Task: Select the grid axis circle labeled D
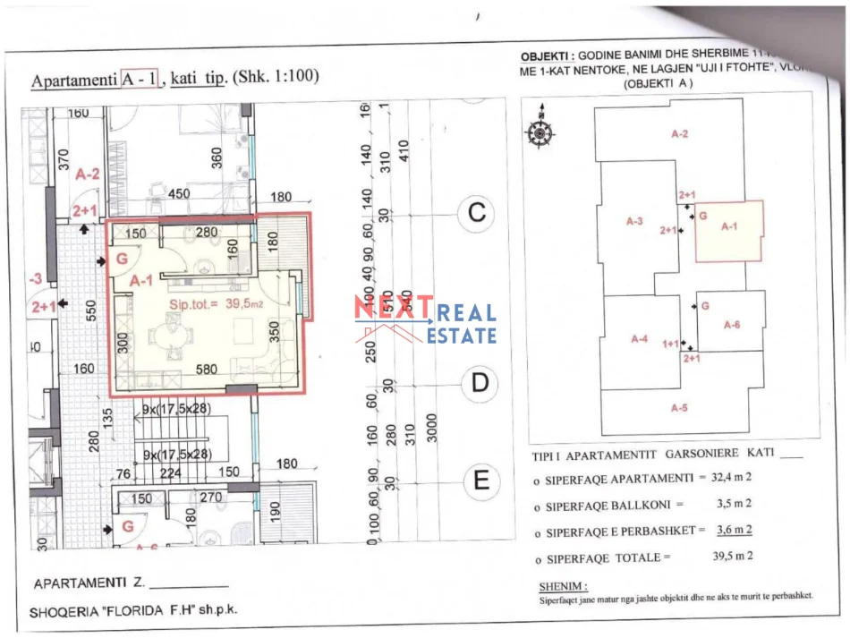pyautogui.click(x=480, y=384)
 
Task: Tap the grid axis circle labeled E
pyautogui.click(x=480, y=481)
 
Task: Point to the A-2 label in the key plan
pyautogui.click(x=679, y=134)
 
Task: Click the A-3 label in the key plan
pyautogui.click(x=634, y=220)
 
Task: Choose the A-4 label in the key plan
pyautogui.click(x=639, y=339)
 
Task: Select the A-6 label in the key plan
pyautogui.click(x=731, y=325)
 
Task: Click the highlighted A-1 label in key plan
pyautogui.click(x=729, y=226)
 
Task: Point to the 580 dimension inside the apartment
pyautogui.click(x=206, y=369)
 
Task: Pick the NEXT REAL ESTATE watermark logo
pyautogui.click(x=425, y=321)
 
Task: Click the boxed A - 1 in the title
pyautogui.click(x=140, y=78)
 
